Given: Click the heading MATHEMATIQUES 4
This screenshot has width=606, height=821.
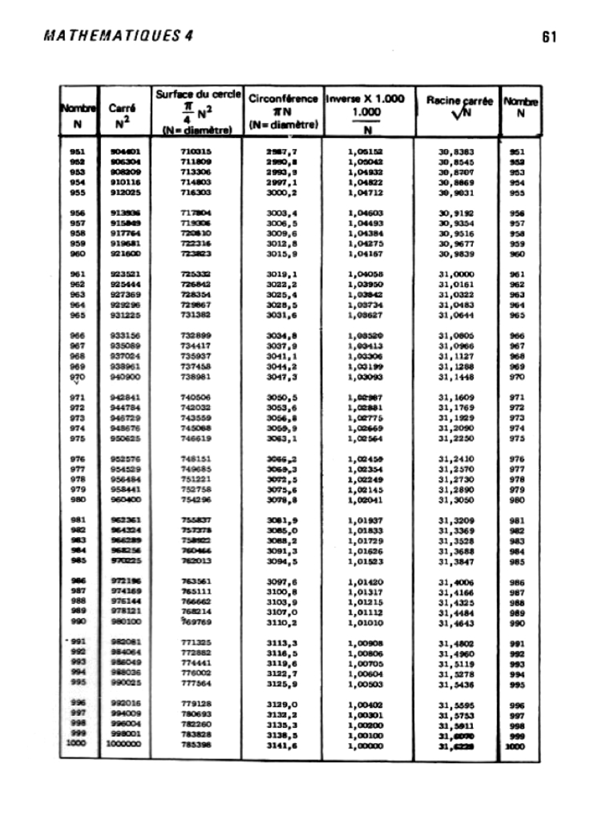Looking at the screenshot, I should tap(120, 37).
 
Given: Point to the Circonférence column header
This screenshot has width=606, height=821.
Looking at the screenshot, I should tap(284, 113).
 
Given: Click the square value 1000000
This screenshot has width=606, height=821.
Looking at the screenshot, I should tap(123, 745).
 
